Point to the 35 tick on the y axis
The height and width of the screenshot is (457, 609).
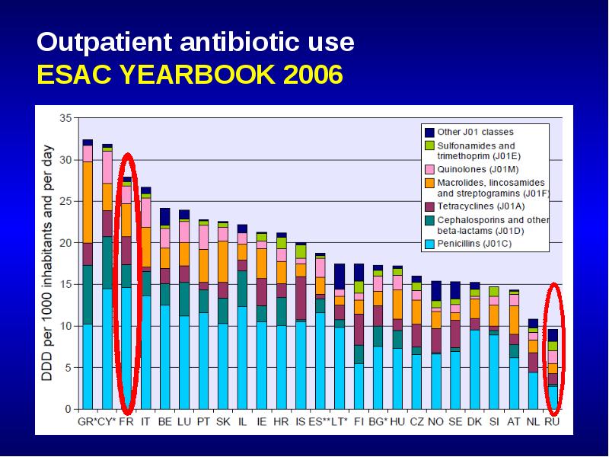point(65,118)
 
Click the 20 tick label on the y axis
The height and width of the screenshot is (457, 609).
point(65,243)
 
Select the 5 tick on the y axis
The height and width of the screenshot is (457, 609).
point(69,368)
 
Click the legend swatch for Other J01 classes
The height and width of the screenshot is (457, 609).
point(429,132)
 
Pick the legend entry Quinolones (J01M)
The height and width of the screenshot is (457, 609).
point(478,169)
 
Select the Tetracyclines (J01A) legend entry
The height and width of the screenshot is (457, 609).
point(481,206)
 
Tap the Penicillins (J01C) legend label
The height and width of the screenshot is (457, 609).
point(474,244)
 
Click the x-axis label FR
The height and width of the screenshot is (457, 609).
point(126,421)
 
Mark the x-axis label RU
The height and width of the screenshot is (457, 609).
point(552,421)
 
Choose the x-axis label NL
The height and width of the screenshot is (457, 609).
point(533,421)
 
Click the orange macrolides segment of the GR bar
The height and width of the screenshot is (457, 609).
point(88,203)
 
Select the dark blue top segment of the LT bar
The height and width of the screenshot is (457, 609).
point(340,276)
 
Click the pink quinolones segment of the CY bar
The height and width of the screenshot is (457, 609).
point(107,167)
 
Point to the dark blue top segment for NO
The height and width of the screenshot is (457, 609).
point(436,291)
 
